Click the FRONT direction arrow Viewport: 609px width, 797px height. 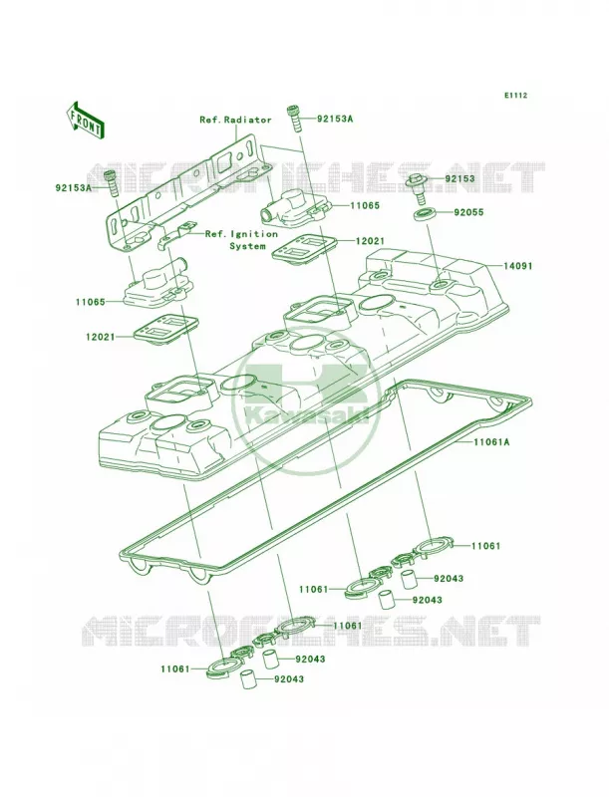(85, 120)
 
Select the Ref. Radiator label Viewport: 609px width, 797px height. (235, 120)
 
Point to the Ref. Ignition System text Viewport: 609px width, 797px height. (241, 240)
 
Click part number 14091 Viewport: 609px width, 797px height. (518, 266)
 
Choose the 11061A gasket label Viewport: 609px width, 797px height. (491, 442)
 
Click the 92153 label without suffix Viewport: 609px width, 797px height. (460, 179)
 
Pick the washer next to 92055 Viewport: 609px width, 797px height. (423, 214)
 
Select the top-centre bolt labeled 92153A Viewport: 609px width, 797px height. (295, 118)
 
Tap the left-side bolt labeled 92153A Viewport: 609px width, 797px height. (112, 184)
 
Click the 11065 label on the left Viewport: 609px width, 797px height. (91, 302)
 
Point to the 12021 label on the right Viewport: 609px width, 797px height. (370, 241)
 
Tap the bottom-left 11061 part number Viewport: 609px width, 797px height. (176, 669)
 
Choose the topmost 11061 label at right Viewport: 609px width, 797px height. (486, 546)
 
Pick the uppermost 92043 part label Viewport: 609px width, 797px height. (449, 579)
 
